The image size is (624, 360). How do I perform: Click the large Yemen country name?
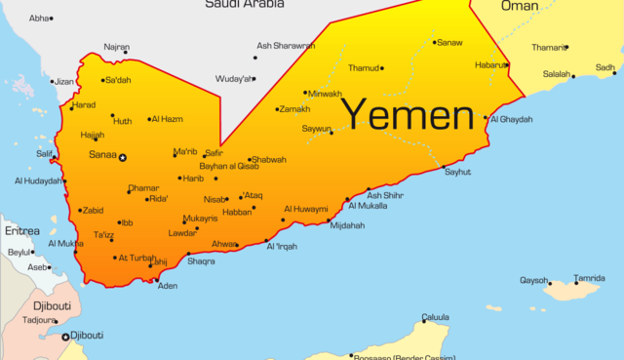pos(409,115)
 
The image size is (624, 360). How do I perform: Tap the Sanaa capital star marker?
pos(122,156)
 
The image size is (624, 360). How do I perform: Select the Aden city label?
pos(168,286)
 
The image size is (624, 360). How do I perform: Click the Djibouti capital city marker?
pos(66,338)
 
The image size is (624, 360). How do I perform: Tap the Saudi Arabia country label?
pos(244,5)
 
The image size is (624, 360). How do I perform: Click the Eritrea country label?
pos(21,231)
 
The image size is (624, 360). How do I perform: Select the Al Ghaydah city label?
pos(511,119)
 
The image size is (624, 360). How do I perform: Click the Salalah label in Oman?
pos(556,74)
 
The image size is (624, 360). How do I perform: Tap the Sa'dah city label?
pos(118,80)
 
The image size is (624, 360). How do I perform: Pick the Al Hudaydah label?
pos(38,180)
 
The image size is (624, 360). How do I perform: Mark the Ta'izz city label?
pos(104,235)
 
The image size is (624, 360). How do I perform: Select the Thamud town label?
pos(363,68)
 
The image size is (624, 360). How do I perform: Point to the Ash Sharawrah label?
pos(286,45)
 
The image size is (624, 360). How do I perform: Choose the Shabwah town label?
pos(270,160)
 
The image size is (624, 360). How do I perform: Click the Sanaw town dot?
pos(434,42)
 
